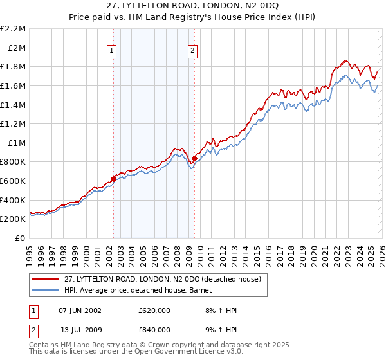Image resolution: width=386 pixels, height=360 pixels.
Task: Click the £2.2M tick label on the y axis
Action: click(x=13, y=29)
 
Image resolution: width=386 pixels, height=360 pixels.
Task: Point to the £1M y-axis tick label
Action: click(x=15, y=143)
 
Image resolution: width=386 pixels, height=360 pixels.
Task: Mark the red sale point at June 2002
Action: click(x=113, y=179)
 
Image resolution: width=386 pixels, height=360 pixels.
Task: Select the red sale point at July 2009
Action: click(x=194, y=157)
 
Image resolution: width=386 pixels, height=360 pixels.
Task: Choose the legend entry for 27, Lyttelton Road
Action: click(x=162, y=280)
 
